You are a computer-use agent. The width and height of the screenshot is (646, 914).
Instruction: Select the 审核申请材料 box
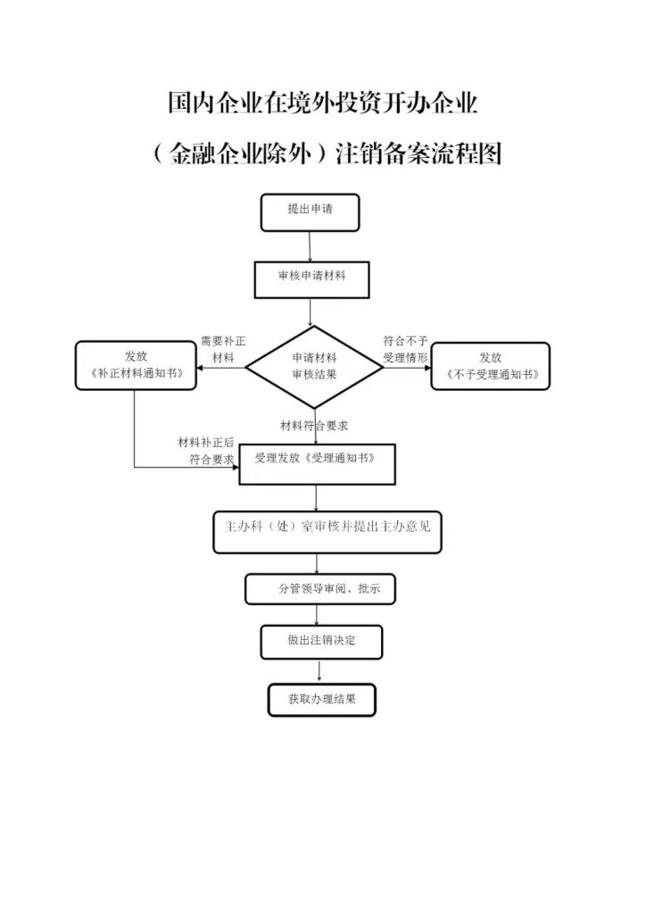pos(311,278)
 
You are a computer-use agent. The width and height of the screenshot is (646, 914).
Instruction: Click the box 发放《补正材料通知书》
pos(137,366)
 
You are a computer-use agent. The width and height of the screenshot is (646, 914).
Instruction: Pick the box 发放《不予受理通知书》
pos(490,366)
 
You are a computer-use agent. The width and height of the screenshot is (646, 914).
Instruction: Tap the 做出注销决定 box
pos(321,641)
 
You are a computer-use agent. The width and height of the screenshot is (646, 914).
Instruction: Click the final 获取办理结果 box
pos(321,699)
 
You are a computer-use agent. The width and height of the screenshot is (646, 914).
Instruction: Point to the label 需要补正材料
pos(218,349)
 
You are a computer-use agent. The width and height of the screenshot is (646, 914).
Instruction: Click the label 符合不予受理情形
pos(406,349)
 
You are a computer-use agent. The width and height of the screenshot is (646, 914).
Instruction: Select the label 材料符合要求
pos(313,425)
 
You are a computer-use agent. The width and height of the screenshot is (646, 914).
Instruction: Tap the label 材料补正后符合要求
pos(206,451)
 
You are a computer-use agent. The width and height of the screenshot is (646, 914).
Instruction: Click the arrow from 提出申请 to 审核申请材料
pos(310,246)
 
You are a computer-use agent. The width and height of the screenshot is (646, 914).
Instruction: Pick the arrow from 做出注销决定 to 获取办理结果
pos(319,671)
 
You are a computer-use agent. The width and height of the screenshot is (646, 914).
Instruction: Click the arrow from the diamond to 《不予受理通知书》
pos(407,367)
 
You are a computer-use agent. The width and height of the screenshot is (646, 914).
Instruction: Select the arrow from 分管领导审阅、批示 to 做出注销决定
pos(318,615)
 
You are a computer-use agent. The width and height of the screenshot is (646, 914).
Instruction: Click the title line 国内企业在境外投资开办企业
pos(323,104)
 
